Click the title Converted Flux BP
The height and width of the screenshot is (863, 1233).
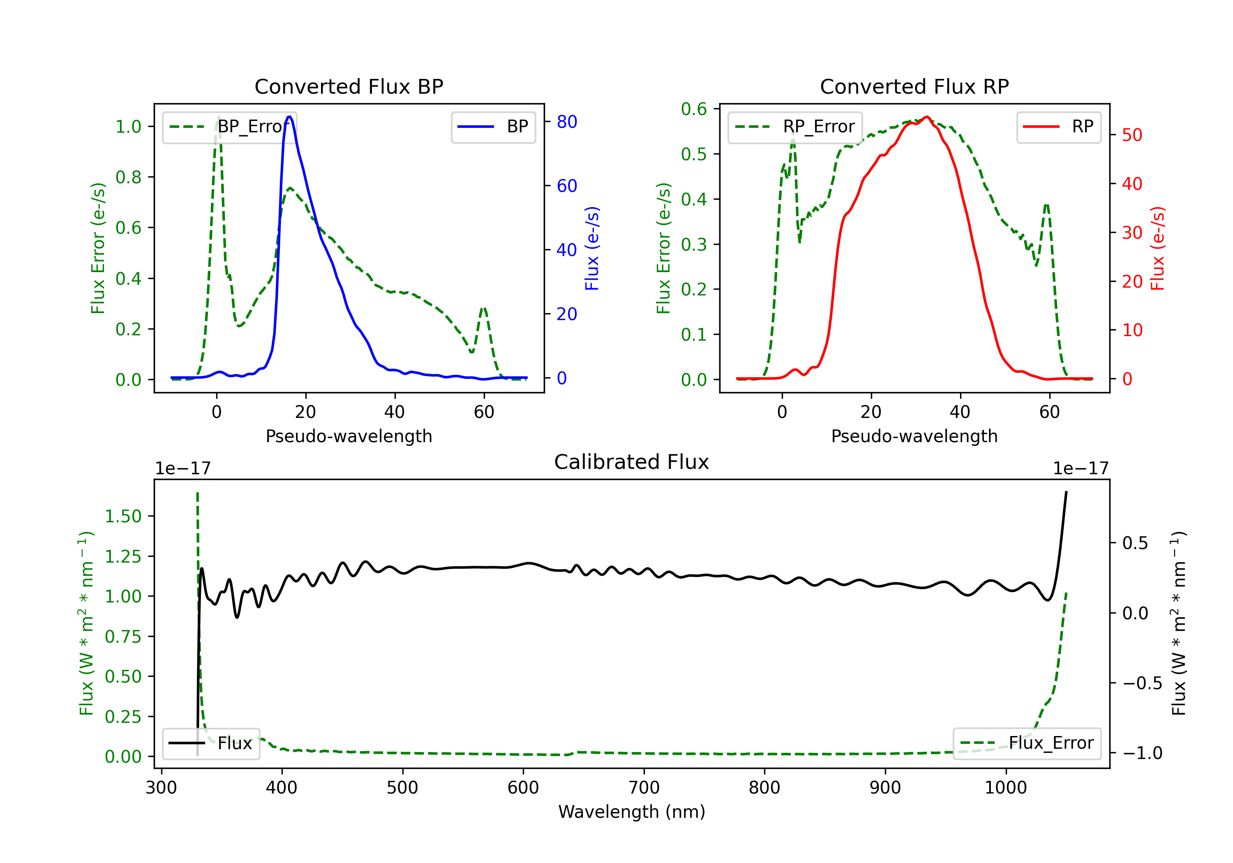349,86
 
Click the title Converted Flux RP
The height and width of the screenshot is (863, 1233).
914,86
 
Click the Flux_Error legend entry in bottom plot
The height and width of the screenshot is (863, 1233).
1026,743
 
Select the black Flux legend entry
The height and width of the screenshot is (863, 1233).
211,743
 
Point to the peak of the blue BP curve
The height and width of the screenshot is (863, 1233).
289,117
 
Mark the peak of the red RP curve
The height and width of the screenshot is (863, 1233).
926,117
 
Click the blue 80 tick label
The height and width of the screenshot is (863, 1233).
566,122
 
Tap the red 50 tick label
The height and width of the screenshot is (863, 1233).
1132,135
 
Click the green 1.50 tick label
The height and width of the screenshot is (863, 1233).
122,516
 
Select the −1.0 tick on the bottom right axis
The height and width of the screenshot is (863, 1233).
1142,753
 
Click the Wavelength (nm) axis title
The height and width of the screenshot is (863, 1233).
632,812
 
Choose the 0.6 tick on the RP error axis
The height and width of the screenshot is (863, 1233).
693,109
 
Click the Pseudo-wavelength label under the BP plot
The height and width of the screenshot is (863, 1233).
349,436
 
